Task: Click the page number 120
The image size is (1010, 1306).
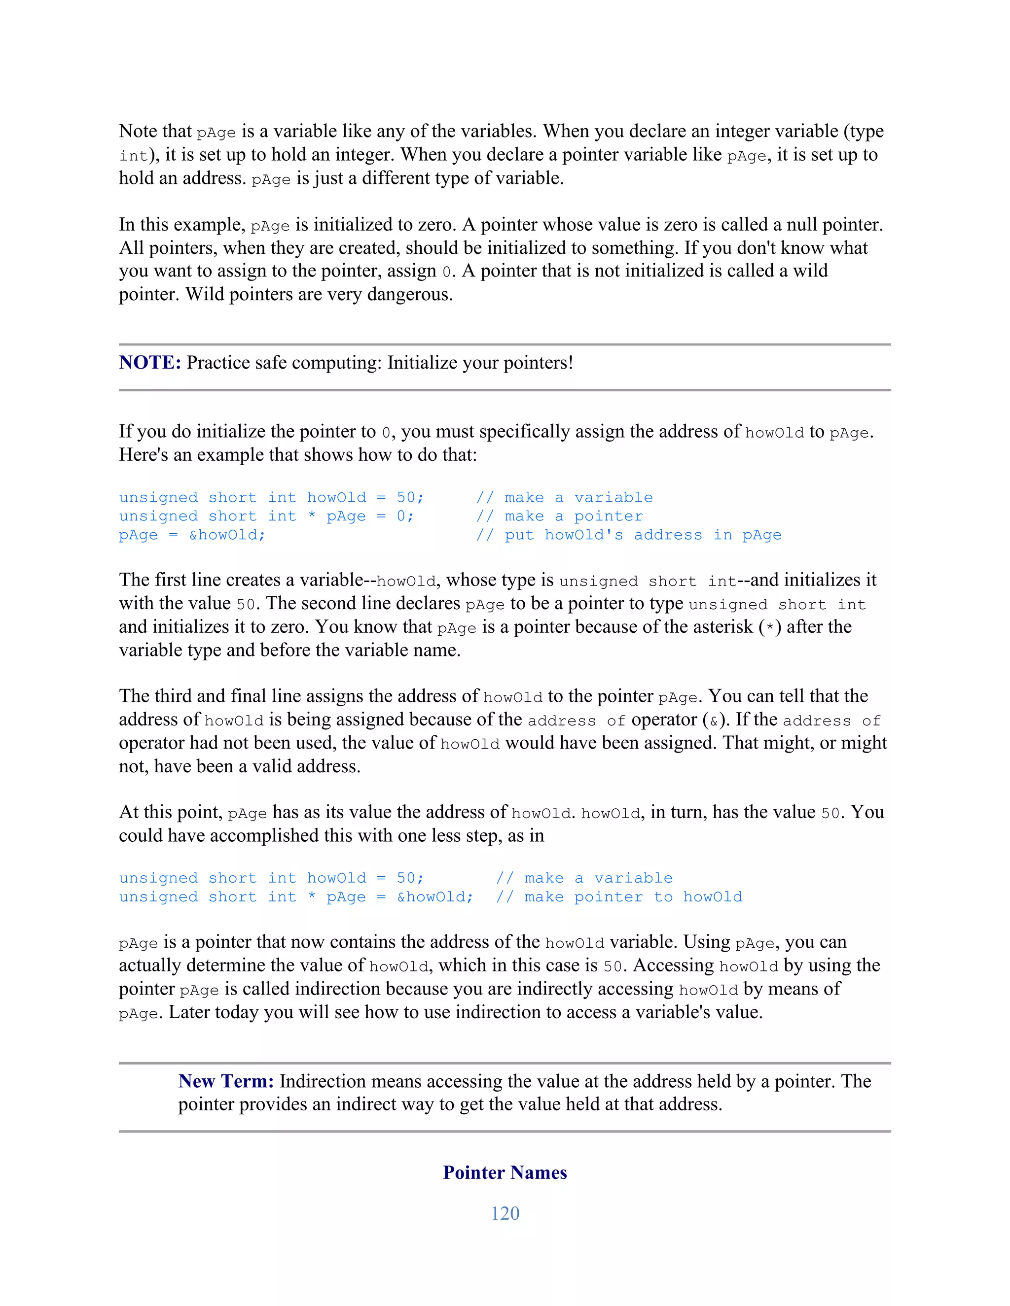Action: pos(505,1213)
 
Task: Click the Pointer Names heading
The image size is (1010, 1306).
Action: pos(505,1172)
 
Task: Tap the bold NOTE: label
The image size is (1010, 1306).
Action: pos(149,362)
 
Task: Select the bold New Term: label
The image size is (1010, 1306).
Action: pos(225,1081)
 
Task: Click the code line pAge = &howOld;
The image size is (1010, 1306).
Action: pos(192,535)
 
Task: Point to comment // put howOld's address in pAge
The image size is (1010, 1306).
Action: pos(628,535)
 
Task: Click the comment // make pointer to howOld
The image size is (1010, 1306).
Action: pos(619,897)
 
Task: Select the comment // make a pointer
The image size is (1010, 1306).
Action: pos(559,516)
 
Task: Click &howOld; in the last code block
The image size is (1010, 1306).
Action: pos(435,897)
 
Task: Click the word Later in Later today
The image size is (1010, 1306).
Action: pos(190,1012)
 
